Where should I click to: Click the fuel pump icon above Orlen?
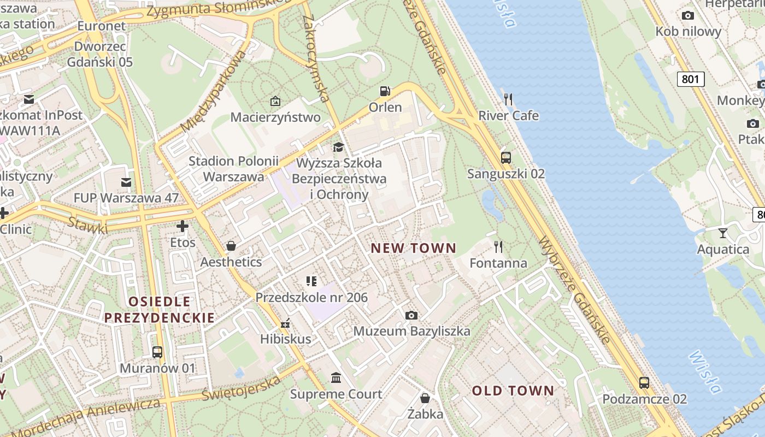385,91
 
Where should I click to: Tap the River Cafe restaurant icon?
508,99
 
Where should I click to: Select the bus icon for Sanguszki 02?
506,158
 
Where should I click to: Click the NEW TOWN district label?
413,249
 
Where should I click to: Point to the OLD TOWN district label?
513,391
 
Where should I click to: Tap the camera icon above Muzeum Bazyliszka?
411,315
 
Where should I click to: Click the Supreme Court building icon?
336,378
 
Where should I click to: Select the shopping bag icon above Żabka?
425,398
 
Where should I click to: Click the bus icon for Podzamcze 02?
644,383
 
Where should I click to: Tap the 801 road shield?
691,79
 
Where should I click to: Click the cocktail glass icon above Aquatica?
723,233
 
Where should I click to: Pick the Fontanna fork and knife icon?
498,247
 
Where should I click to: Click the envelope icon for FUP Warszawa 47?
126,182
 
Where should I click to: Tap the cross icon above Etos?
183,226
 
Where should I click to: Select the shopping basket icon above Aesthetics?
231,246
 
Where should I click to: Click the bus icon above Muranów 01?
157,352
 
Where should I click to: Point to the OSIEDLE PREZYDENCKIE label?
160,309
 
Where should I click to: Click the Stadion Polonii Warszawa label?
233,169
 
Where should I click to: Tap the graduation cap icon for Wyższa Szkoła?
339,147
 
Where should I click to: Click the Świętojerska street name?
241,387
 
